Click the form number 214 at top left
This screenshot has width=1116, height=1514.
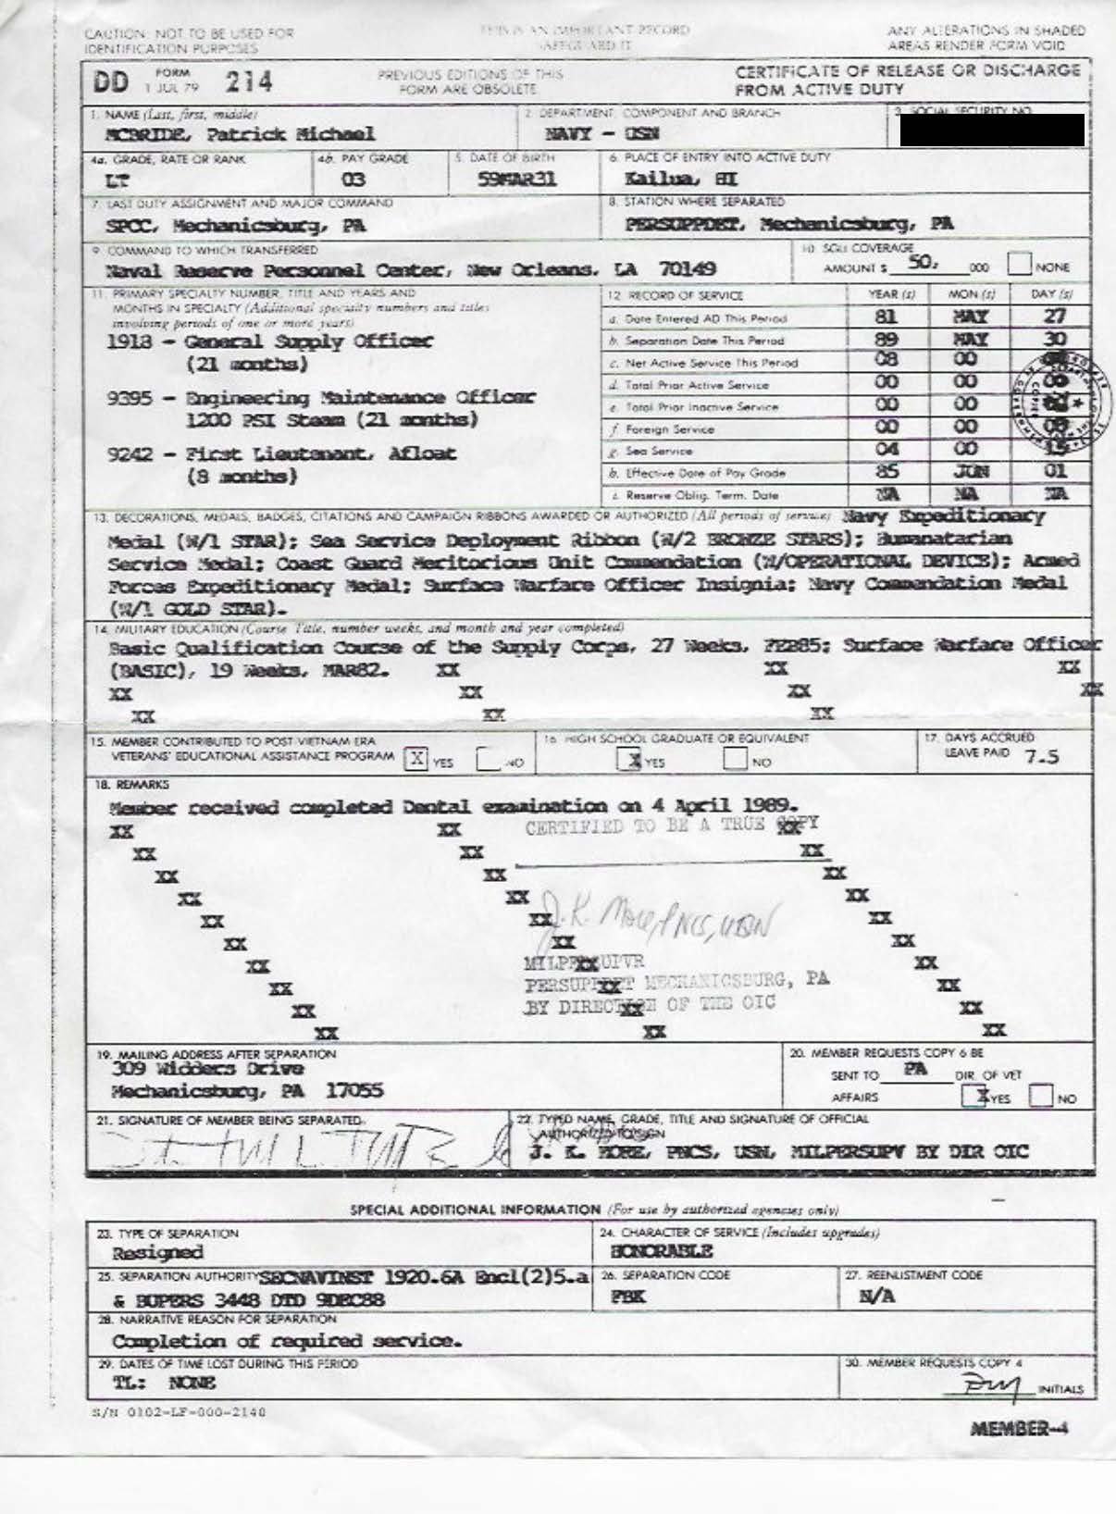coord(249,82)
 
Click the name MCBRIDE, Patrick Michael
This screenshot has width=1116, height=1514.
coord(241,134)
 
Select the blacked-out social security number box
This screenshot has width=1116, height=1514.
coord(991,130)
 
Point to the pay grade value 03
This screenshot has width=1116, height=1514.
coord(353,180)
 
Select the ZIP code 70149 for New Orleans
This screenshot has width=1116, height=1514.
coord(688,269)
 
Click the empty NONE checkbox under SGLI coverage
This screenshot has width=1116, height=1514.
coord(1019,264)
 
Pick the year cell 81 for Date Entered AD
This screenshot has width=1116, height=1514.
coord(887,316)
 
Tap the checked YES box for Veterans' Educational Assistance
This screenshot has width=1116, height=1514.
coord(416,760)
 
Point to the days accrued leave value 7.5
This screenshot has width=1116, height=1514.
coord(1042,757)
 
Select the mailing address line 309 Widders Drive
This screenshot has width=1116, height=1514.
coord(207,1069)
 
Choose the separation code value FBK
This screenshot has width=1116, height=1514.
coord(627,1297)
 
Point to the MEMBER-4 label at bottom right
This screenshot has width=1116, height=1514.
coord(1019,1428)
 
